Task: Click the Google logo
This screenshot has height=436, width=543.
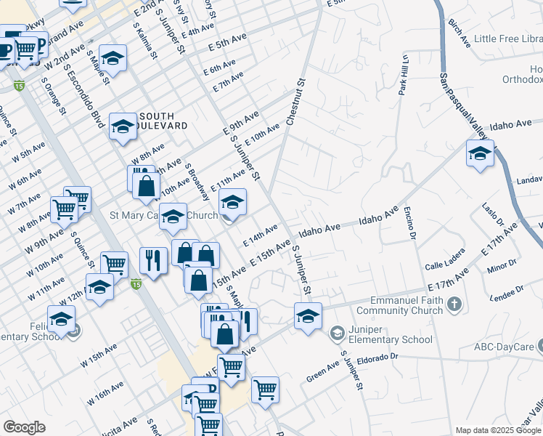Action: click(x=24, y=427)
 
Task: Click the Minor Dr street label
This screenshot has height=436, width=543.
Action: click(x=502, y=267)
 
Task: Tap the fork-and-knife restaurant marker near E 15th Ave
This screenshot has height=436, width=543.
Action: click(x=152, y=260)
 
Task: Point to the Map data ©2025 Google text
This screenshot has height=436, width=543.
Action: click(x=497, y=430)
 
